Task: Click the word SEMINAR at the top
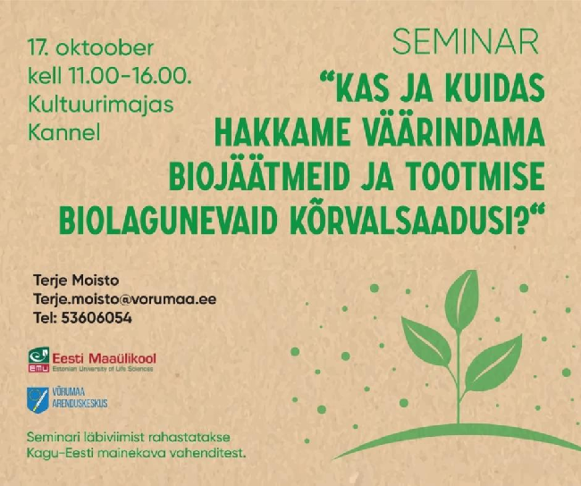point(465,42)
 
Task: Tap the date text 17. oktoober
point(91,48)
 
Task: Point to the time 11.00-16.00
point(130,76)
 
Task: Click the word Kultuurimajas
point(101,105)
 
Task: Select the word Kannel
point(64,132)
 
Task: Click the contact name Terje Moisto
point(76,281)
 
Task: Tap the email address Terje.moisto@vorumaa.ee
point(125,299)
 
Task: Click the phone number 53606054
point(97,318)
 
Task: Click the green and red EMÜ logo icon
point(39,359)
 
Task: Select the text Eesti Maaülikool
point(104,358)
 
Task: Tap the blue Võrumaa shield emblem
point(38,400)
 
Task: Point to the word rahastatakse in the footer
point(189,437)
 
